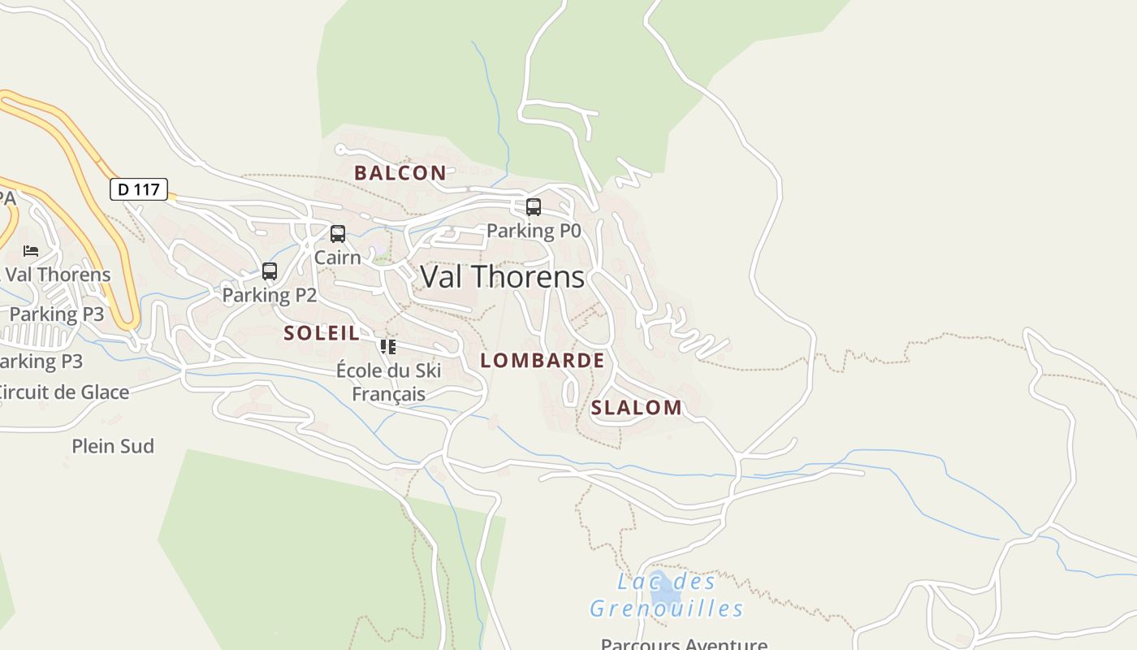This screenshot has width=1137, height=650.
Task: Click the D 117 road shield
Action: click(139, 189)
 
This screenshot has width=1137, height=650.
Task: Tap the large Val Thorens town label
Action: click(503, 277)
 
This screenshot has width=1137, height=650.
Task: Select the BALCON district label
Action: click(400, 172)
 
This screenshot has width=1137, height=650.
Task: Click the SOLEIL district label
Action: click(322, 332)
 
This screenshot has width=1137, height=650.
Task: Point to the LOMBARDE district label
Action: click(543, 361)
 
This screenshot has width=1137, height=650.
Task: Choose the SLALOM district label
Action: click(637, 408)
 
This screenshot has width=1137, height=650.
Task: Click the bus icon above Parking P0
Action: click(534, 207)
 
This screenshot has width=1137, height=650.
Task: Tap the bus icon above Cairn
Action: click(338, 234)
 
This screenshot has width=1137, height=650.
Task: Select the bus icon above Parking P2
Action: click(270, 271)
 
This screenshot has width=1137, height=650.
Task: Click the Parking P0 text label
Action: click(534, 231)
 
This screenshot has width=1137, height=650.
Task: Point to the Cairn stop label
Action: click(338, 258)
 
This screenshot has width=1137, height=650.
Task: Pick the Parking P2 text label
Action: click(270, 295)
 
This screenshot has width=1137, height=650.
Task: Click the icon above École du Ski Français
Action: click(388, 347)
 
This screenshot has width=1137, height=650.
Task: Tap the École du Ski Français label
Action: click(388, 383)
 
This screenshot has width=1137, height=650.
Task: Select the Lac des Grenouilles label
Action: click(666, 596)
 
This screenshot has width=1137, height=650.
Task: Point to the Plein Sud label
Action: click(113, 446)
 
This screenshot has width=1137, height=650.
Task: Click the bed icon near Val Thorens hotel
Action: click(31, 251)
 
